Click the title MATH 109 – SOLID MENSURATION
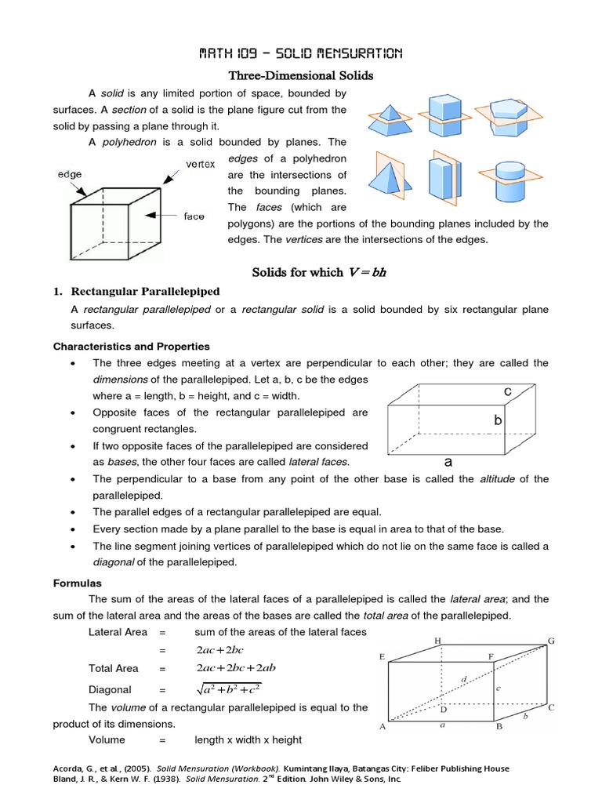(x=300, y=54)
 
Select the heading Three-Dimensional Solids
(x=300, y=76)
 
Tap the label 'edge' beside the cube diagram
(x=70, y=174)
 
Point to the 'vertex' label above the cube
(x=200, y=164)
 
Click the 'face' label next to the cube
(x=194, y=216)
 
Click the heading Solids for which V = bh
(x=319, y=272)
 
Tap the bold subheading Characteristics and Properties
(x=131, y=346)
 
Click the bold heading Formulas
(x=78, y=583)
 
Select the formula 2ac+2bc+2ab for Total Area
(x=238, y=668)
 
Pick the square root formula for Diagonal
(x=229, y=689)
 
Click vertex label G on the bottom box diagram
(x=551, y=641)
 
